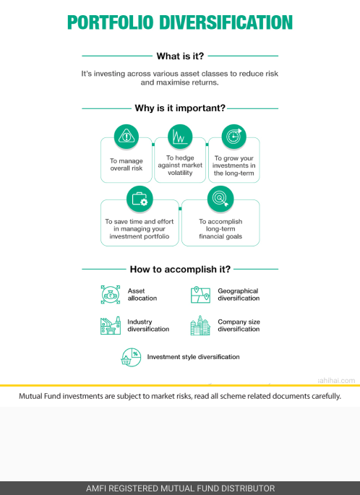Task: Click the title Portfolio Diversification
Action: coord(180,22)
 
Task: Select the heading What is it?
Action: coord(180,56)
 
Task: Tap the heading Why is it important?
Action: coord(180,108)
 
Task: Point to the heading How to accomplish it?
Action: coord(180,270)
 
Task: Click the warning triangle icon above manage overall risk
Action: coord(127,137)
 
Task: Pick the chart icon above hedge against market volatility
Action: coord(180,137)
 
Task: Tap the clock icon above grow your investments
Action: coord(234,137)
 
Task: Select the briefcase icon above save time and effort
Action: coord(140,199)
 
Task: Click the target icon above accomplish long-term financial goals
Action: coord(220,199)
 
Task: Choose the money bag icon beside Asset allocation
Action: coord(111,295)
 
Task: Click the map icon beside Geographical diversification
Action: coord(200,295)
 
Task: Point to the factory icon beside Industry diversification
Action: coord(111,325)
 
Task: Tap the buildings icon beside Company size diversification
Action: coord(200,325)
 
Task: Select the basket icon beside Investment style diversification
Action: coord(131,358)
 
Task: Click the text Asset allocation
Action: coord(142,295)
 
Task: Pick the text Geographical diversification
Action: coord(239,295)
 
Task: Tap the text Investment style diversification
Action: coord(193,357)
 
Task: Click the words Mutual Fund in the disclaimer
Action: coord(40,396)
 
